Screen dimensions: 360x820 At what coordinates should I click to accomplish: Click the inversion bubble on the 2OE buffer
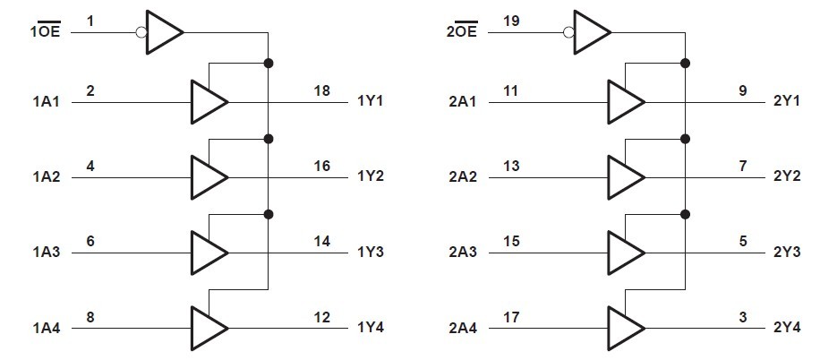click(568, 32)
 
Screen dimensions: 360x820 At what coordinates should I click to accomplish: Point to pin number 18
click(321, 90)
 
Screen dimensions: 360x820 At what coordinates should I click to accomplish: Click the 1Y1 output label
click(370, 100)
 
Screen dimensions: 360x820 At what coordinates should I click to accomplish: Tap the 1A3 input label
click(46, 252)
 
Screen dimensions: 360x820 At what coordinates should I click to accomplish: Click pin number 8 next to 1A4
click(91, 316)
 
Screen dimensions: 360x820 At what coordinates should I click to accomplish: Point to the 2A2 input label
click(462, 176)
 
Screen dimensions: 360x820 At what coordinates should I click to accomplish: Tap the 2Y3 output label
click(787, 252)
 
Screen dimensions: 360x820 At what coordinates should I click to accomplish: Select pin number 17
click(512, 316)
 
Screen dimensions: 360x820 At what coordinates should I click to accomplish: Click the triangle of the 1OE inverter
click(162, 32)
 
